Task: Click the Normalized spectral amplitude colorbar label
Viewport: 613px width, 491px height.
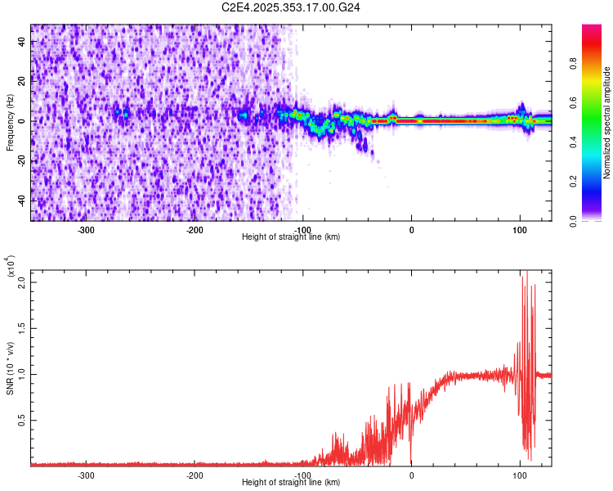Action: pos(607,123)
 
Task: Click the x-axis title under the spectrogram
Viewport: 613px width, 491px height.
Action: pos(291,236)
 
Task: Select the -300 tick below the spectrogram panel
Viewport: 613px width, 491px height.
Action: pos(87,229)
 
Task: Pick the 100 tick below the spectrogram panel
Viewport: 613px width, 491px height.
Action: pos(519,229)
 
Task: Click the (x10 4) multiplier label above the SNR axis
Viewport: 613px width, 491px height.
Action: pos(11,266)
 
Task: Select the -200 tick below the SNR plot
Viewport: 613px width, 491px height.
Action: pos(195,475)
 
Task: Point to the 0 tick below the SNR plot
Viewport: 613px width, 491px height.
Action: pos(411,475)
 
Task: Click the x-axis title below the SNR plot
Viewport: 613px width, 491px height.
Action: pos(291,483)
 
